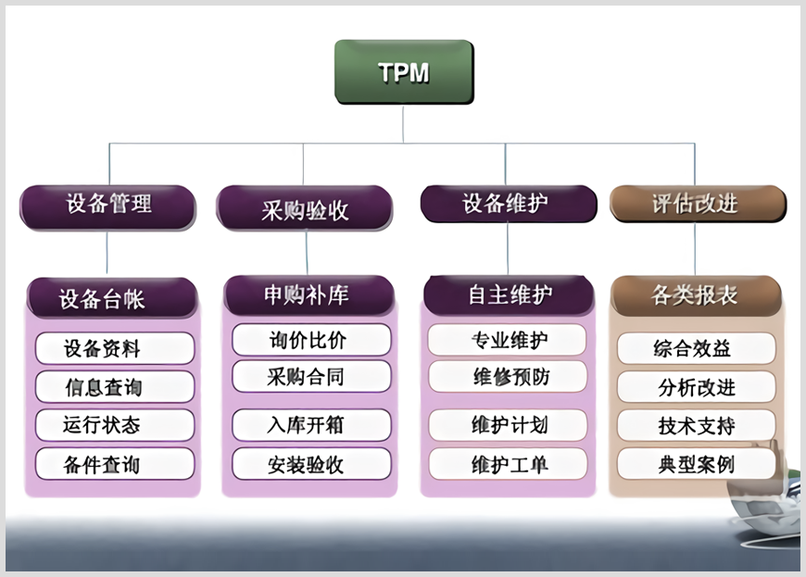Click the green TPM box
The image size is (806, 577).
pyautogui.click(x=404, y=71)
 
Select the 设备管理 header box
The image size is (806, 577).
pyautogui.click(x=108, y=206)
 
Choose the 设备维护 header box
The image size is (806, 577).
pyautogui.click(x=508, y=204)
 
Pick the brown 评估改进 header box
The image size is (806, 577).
pyautogui.click(x=697, y=204)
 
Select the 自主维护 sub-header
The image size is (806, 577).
pyautogui.click(x=509, y=295)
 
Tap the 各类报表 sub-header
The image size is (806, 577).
pyautogui.click(x=696, y=295)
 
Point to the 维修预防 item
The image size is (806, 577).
pyautogui.click(x=508, y=377)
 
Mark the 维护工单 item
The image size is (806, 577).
pyautogui.click(x=508, y=463)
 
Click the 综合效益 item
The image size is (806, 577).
pyautogui.click(x=696, y=348)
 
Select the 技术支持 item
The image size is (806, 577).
pyautogui.click(x=696, y=425)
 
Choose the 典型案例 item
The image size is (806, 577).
pyautogui.click(x=696, y=463)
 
